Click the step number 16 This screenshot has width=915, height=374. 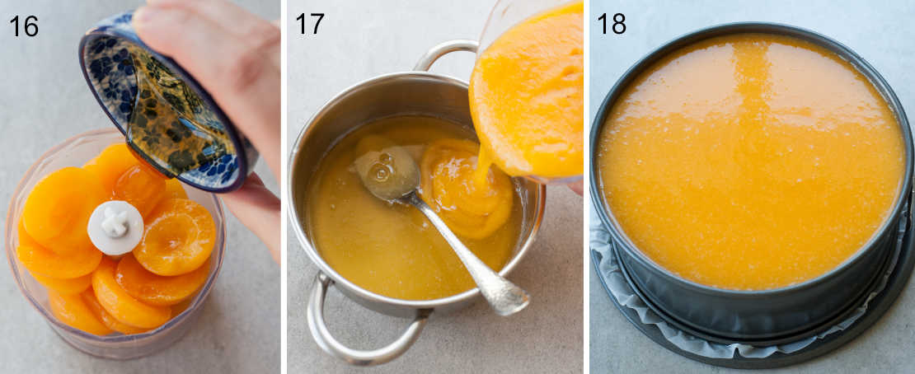click(24, 26)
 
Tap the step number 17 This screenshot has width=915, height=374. click(309, 24)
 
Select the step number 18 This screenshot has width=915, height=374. click(611, 24)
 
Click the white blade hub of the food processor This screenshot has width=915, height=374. click(115, 227)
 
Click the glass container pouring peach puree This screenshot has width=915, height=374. click(528, 91)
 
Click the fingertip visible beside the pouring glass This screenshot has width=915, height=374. click(575, 188)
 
